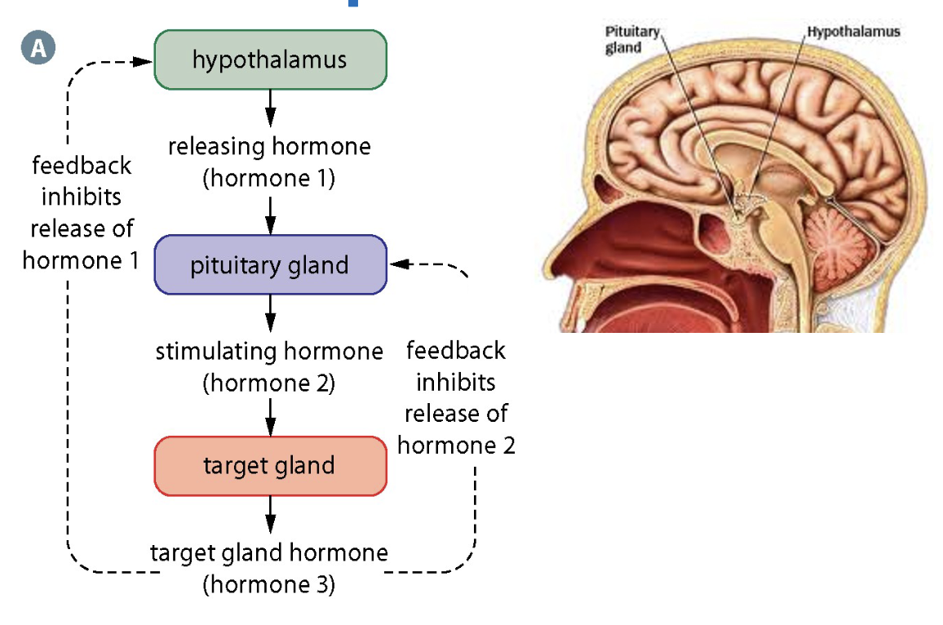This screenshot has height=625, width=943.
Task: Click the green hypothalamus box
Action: pos(270,60)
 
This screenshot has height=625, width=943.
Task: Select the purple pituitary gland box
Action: pos(270,265)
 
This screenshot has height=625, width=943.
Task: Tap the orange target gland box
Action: pos(270,466)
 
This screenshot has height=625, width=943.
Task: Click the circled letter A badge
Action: pos(38,49)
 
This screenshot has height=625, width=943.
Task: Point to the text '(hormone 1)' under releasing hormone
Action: pos(269,178)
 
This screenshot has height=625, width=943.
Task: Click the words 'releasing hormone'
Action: pos(269,148)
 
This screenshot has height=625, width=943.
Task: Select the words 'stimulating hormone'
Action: pos(269,352)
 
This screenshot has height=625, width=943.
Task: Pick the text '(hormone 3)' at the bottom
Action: pos(269,584)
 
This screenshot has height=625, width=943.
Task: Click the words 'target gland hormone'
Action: pos(269,553)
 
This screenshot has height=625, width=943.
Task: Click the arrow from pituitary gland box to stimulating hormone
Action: pos(271,312)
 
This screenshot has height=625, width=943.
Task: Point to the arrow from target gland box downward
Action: pos(271,516)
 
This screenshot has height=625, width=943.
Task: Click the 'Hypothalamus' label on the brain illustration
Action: pos(853,32)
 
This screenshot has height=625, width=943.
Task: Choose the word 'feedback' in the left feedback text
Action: pos(82,166)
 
